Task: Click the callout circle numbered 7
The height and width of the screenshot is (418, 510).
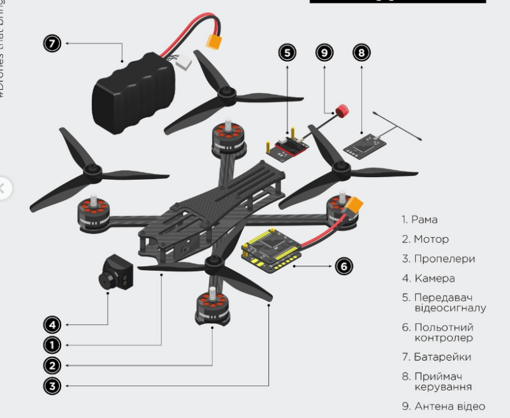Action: (52, 43)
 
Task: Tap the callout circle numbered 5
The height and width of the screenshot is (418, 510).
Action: (288, 52)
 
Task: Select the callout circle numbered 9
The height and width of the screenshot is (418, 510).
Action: (325, 52)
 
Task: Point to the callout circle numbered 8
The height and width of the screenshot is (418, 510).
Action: (361, 52)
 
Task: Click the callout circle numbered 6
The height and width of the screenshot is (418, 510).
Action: (344, 266)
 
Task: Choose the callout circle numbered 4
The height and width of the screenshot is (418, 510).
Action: (52, 325)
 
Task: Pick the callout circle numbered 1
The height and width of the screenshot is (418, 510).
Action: (52, 345)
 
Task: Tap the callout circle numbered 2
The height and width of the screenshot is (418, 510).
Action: (52, 365)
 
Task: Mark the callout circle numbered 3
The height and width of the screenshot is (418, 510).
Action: (52, 386)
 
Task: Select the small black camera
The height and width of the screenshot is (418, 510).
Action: (114, 272)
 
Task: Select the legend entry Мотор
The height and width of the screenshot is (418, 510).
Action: (431, 240)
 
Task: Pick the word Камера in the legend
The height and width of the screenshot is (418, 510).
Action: (434, 278)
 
